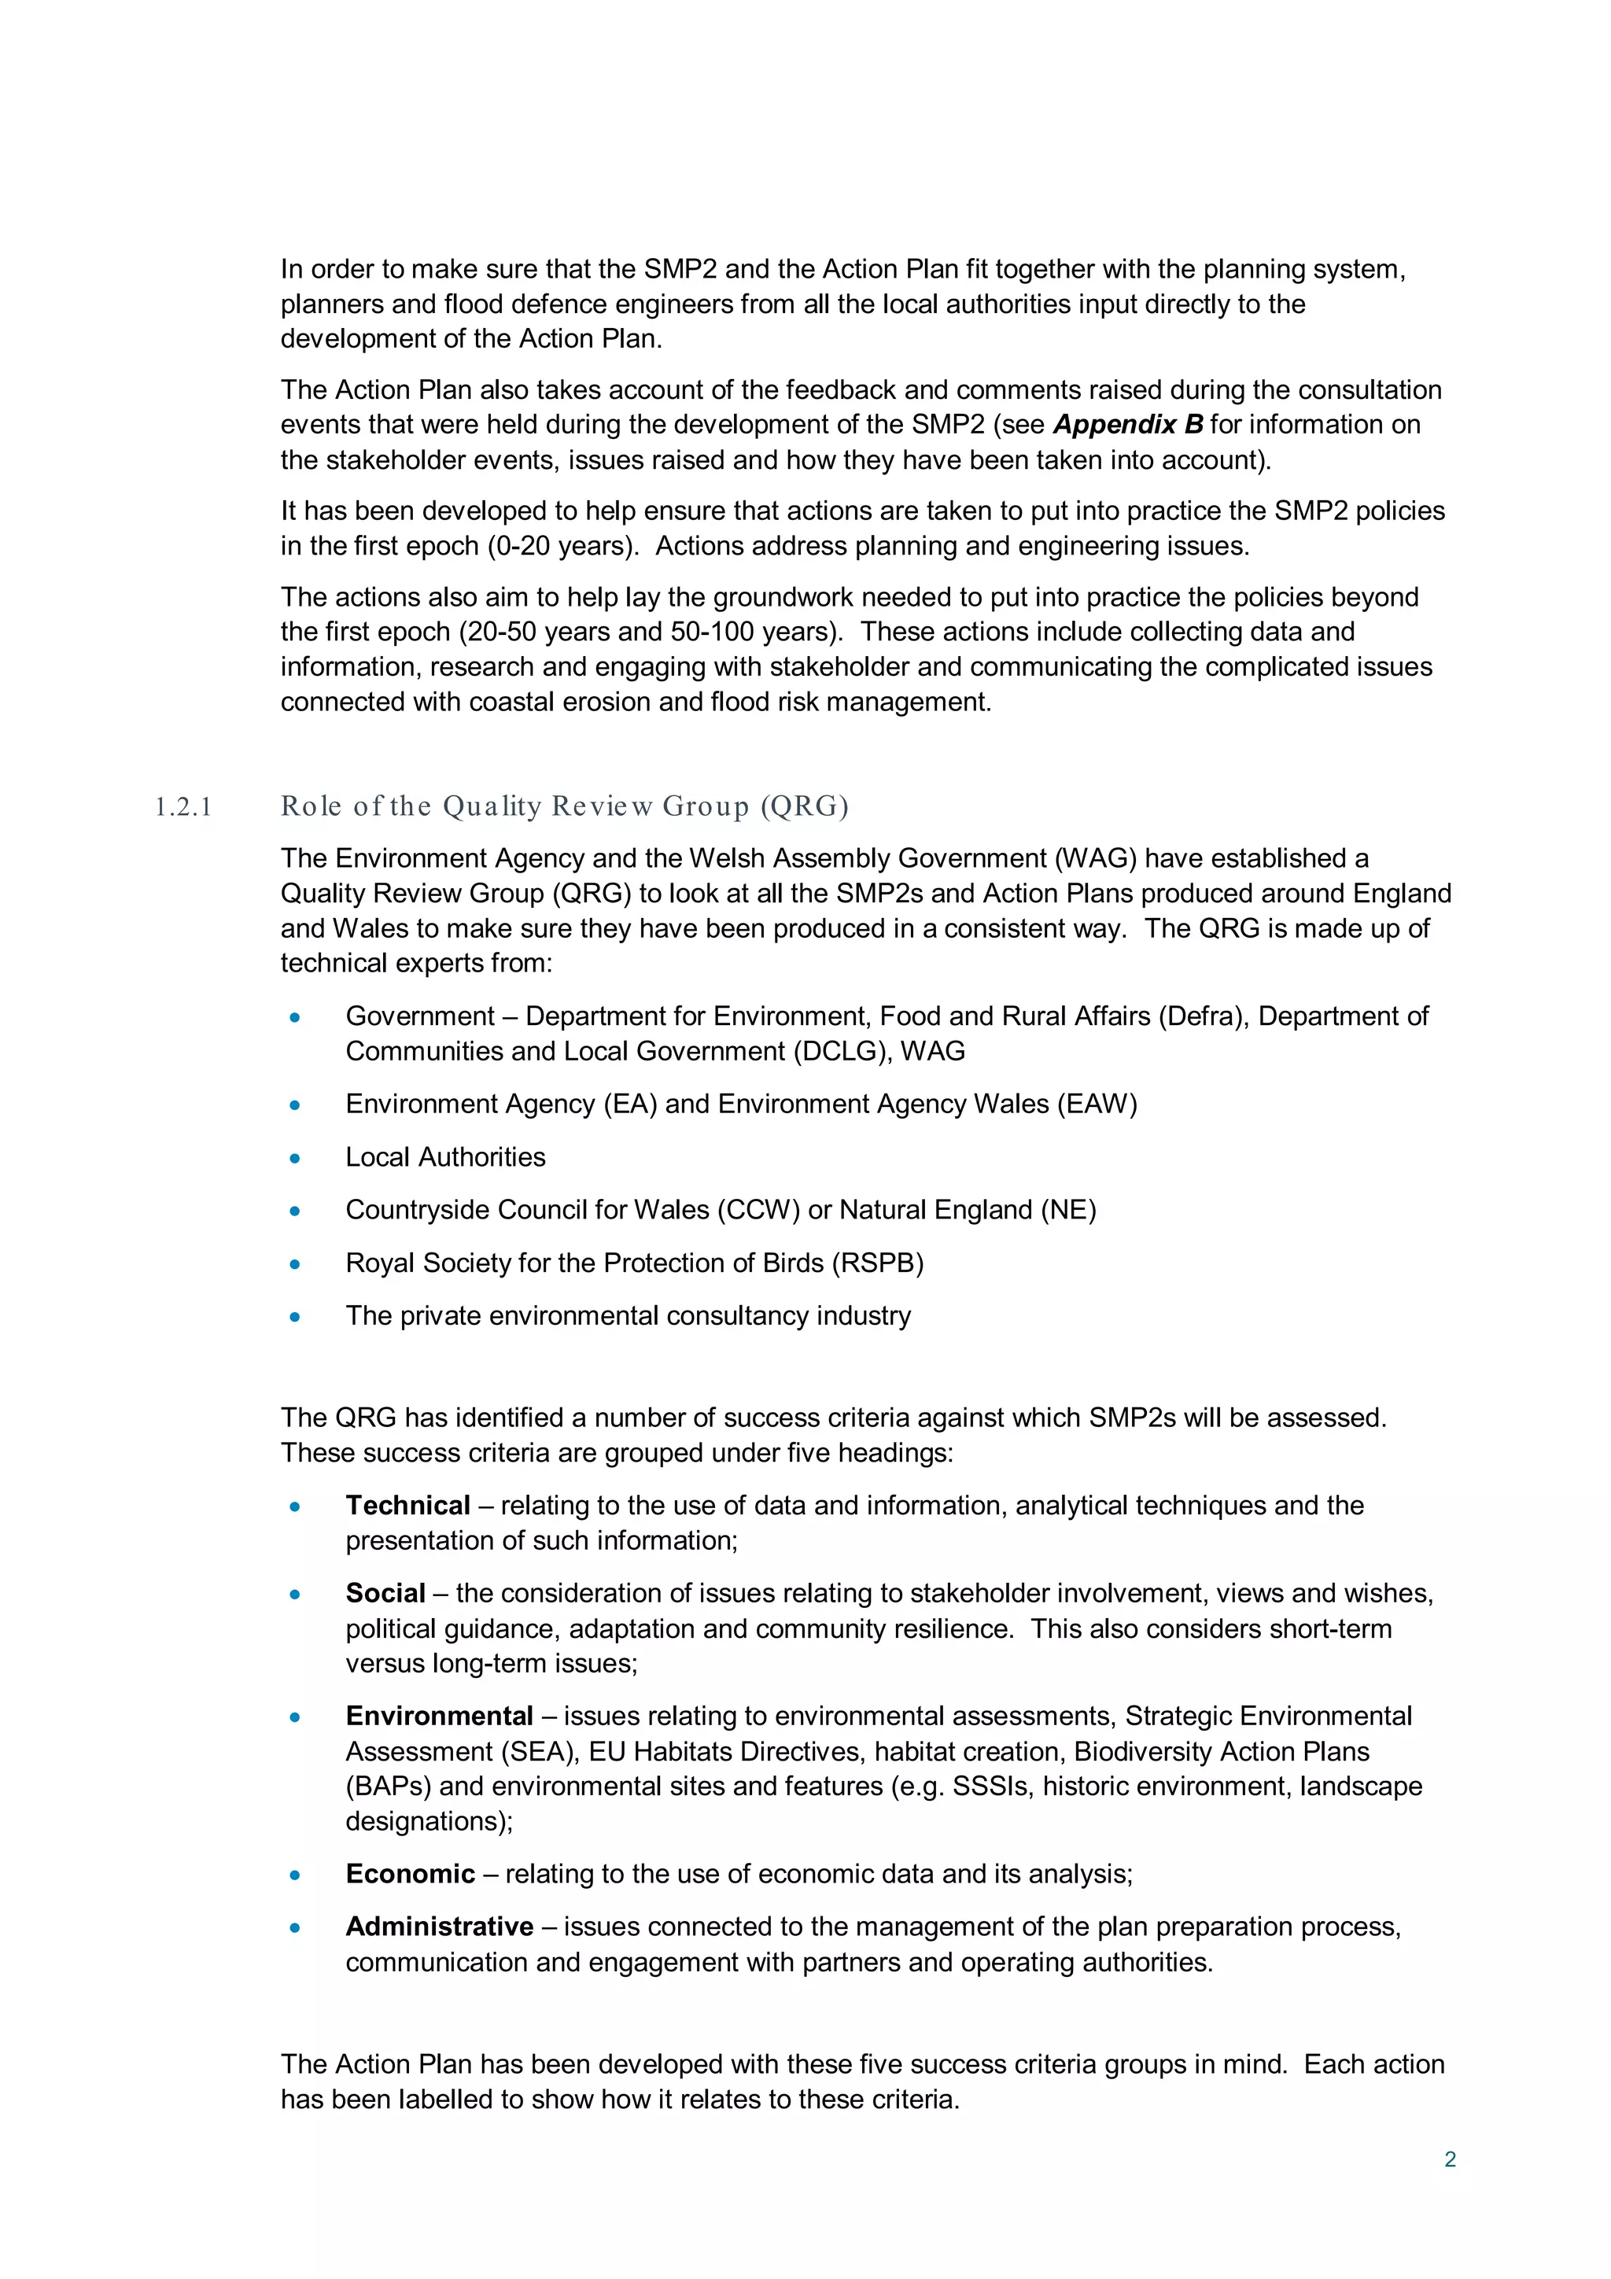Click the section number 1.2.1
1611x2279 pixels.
click(183, 807)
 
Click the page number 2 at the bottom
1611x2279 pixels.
click(1449, 2159)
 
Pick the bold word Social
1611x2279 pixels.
click(385, 1593)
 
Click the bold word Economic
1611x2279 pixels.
click(410, 1874)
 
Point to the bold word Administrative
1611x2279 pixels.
click(439, 1927)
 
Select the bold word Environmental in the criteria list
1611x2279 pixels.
click(439, 1717)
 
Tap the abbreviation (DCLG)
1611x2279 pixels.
click(842, 1051)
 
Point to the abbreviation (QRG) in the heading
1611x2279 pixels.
click(804, 806)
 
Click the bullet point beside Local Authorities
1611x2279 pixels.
click(295, 1157)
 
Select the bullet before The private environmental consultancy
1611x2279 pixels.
click(295, 1316)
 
